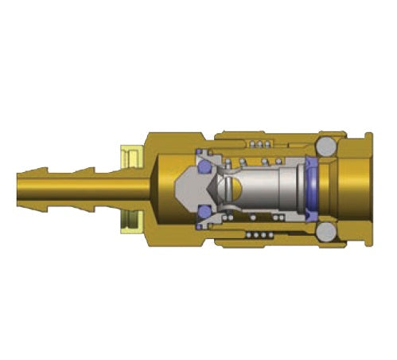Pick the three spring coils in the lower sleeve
(x=258, y=236)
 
